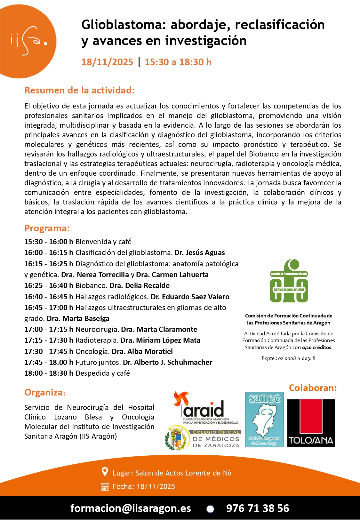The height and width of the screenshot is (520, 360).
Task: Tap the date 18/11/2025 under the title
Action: click(107, 62)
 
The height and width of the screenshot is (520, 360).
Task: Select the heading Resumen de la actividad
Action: click(79, 90)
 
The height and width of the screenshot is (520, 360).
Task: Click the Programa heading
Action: click(47, 228)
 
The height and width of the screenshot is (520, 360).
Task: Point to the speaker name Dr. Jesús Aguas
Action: click(199, 252)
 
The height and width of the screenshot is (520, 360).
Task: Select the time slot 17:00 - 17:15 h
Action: click(49, 329)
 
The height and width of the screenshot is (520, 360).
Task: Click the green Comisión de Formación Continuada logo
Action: click(289, 281)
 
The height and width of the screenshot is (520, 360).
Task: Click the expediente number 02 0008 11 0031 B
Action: click(297, 358)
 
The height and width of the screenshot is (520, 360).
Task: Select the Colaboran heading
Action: click(313, 388)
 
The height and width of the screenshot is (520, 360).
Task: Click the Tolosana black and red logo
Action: click(311, 423)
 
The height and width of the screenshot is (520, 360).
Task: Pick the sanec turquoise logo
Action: click(264, 420)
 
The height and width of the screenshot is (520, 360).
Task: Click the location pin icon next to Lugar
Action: click(105, 472)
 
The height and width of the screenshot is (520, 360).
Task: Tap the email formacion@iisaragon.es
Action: click(131, 508)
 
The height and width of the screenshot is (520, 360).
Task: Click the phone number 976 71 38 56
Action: click(258, 508)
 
